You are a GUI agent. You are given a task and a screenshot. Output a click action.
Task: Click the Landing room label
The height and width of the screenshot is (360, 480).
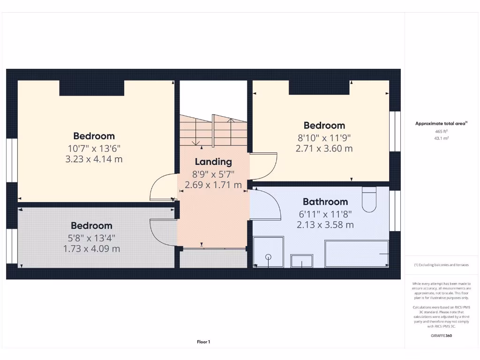click(x=213, y=162)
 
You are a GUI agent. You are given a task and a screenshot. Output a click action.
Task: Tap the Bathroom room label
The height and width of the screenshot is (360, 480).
click(x=325, y=202)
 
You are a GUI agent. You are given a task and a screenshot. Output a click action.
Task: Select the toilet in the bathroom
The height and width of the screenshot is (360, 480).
click(x=369, y=200)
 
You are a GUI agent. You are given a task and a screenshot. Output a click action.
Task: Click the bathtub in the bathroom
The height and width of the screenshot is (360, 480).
click(x=357, y=254)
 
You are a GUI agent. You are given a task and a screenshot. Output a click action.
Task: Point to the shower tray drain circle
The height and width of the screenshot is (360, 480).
click(x=269, y=256)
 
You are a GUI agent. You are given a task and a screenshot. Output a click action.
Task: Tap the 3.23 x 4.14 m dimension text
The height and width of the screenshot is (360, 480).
click(x=94, y=159)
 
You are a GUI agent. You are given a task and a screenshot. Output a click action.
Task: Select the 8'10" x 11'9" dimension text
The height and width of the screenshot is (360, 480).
click(x=324, y=137)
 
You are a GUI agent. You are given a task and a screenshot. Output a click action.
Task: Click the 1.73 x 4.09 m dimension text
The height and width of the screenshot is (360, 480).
click(x=91, y=248)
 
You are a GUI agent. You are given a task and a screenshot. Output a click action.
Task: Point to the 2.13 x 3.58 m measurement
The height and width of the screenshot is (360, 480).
click(x=325, y=225)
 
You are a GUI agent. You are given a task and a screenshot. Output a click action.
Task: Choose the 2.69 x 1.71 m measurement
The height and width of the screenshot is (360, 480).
click(x=213, y=185)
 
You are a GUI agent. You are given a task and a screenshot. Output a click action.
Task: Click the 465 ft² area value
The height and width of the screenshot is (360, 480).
click(x=442, y=132)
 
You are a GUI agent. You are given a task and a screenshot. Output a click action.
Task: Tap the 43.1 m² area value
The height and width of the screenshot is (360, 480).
click(x=442, y=139)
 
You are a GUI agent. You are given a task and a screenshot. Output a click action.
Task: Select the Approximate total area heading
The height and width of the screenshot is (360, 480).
click(x=441, y=124)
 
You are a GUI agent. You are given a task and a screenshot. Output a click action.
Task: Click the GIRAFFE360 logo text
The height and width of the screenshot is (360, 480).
click(x=442, y=336)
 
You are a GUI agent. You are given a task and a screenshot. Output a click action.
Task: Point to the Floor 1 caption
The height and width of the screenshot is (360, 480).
click(x=203, y=342)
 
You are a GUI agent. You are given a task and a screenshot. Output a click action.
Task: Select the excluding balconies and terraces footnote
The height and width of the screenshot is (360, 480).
click(x=441, y=265)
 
